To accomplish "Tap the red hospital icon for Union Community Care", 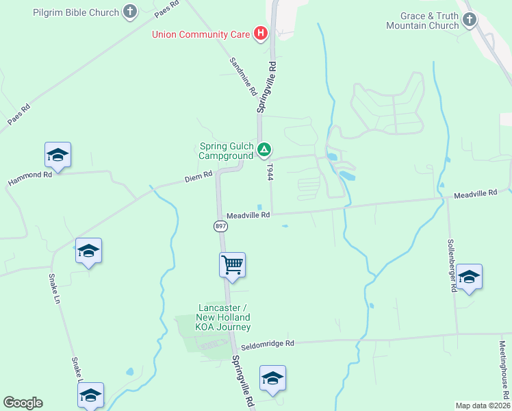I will point(260,33).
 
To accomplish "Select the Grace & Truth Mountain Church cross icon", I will point(469,20).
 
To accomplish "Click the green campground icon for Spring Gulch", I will point(264,149).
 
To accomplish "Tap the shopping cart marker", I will point(232,264).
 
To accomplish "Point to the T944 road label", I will point(270,171).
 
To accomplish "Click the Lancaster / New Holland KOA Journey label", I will point(224,317).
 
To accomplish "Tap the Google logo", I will point(23,403).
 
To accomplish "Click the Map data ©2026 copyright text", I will point(482,406).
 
